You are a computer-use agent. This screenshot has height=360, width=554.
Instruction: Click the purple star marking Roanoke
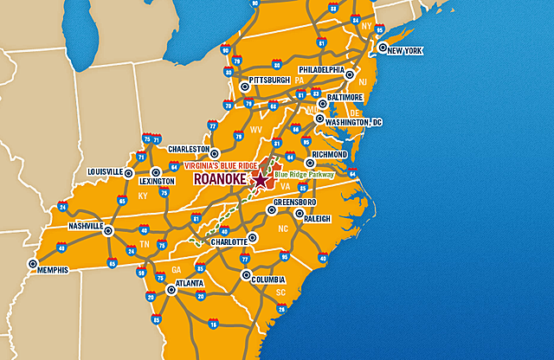coord(261,180)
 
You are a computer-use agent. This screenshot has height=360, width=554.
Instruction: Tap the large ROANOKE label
coord(222,179)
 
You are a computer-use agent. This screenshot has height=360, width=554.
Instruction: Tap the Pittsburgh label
coord(269,80)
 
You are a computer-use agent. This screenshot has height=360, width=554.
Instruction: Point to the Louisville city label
coord(105,171)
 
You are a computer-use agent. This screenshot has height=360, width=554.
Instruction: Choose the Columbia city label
coord(267,280)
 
